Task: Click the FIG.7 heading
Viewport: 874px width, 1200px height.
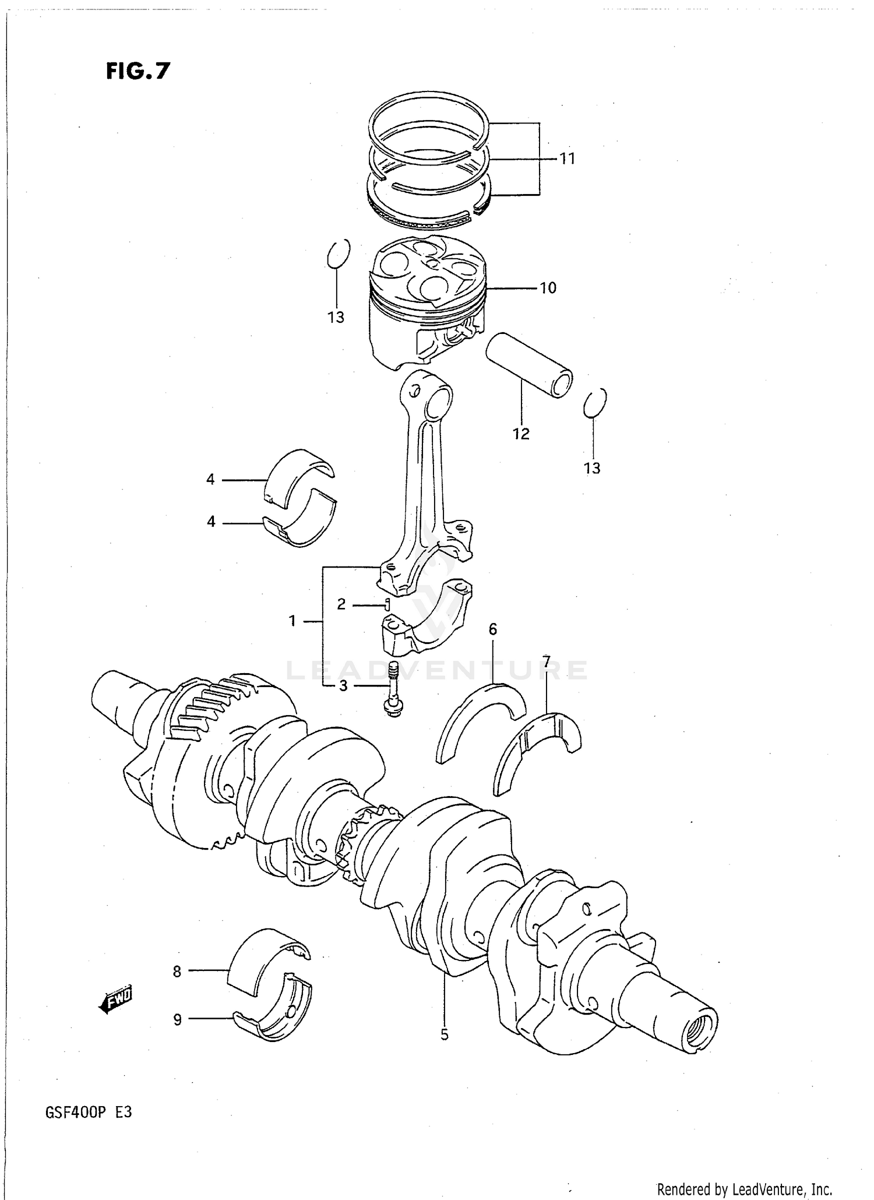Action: pos(138,71)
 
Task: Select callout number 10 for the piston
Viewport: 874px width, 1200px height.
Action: pos(548,288)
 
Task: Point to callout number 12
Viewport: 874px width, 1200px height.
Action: pos(521,434)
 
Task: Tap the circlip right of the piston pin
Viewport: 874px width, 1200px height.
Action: pos(595,403)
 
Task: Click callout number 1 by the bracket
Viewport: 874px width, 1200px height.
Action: pos(292,621)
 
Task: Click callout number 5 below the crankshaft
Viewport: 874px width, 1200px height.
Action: pos(444,1035)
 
